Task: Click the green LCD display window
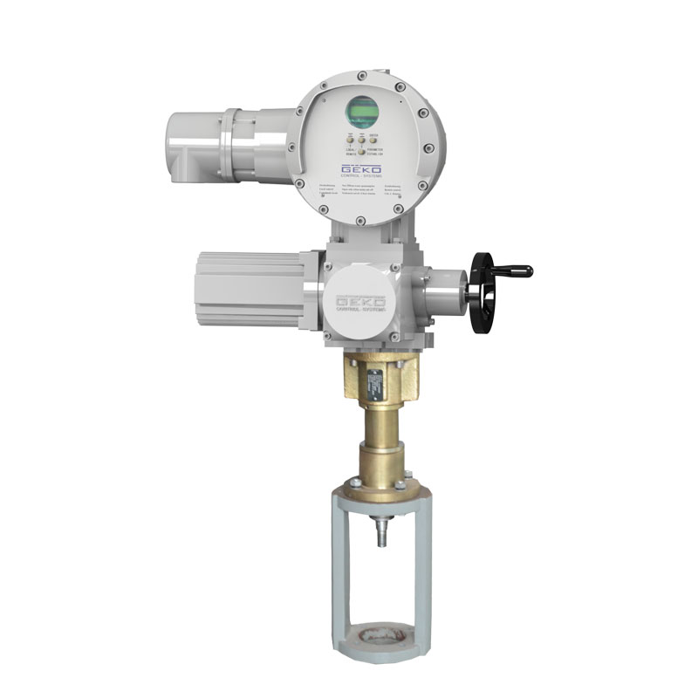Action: coord(363,111)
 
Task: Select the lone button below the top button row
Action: coord(360,153)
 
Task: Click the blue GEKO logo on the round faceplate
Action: coord(361,169)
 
